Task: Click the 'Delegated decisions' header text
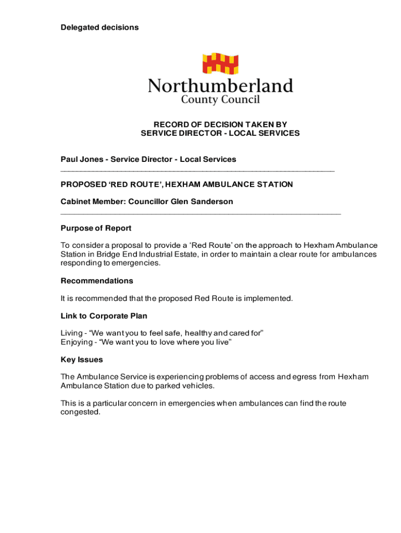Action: point(99,27)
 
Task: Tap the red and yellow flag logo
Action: point(220,64)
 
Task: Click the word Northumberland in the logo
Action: point(220,85)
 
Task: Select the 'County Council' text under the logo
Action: point(220,99)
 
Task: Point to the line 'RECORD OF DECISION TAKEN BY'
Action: point(220,124)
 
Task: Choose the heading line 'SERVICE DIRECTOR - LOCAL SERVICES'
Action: point(220,133)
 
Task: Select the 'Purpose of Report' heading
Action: point(96,228)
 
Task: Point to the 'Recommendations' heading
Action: point(97,281)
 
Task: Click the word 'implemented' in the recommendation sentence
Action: point(270,299)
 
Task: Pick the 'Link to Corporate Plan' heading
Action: point(104,316)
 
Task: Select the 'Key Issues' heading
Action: point(82,360)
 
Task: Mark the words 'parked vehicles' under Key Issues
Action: point(185,386)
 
